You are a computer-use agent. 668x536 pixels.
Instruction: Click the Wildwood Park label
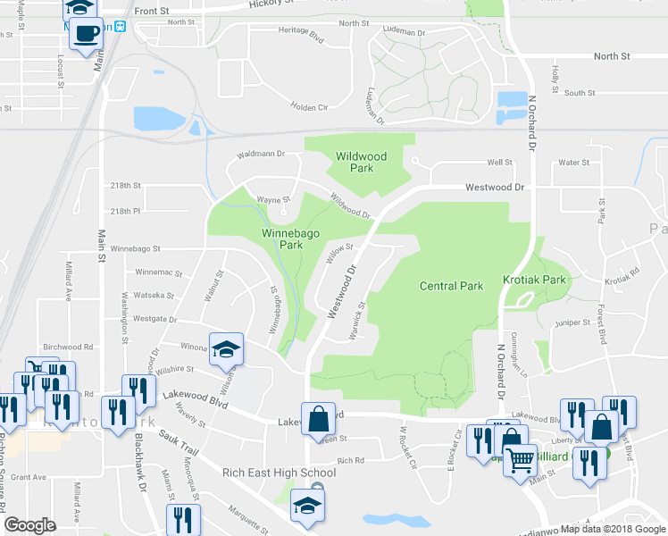[x=361, y=162]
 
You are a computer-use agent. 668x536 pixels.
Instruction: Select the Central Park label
[x=451, y=286]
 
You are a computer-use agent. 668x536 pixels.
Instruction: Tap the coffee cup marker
[x=86, y=34]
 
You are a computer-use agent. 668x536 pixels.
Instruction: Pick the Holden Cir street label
[x=310, y=107]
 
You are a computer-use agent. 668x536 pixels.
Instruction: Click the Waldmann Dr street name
[x=260, y=154]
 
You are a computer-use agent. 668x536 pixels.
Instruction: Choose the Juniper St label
[x=572, y=322]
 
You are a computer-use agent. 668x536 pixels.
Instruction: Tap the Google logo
[x=29, y=525]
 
